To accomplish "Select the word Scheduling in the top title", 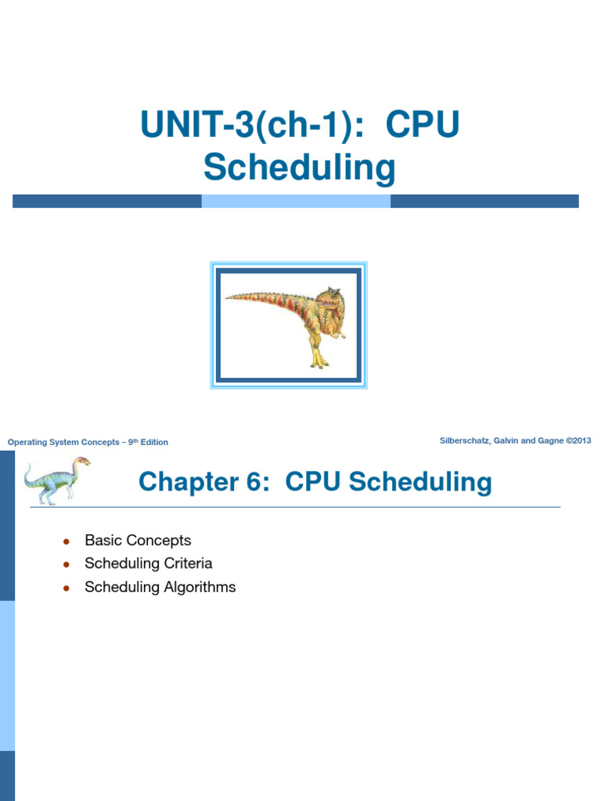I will [x=300, y=167].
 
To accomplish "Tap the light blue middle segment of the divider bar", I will [x=296, y=201].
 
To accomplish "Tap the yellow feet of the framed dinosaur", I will [x=318, y=361].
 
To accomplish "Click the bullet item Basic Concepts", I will [x=138, y=541].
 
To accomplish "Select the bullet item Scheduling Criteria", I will [x=148, y=563].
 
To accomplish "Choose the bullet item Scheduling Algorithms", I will [x=160, y=587].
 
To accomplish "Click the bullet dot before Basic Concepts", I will [x=67, y=541].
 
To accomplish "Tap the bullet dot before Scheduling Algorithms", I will [x=67, y=587].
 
